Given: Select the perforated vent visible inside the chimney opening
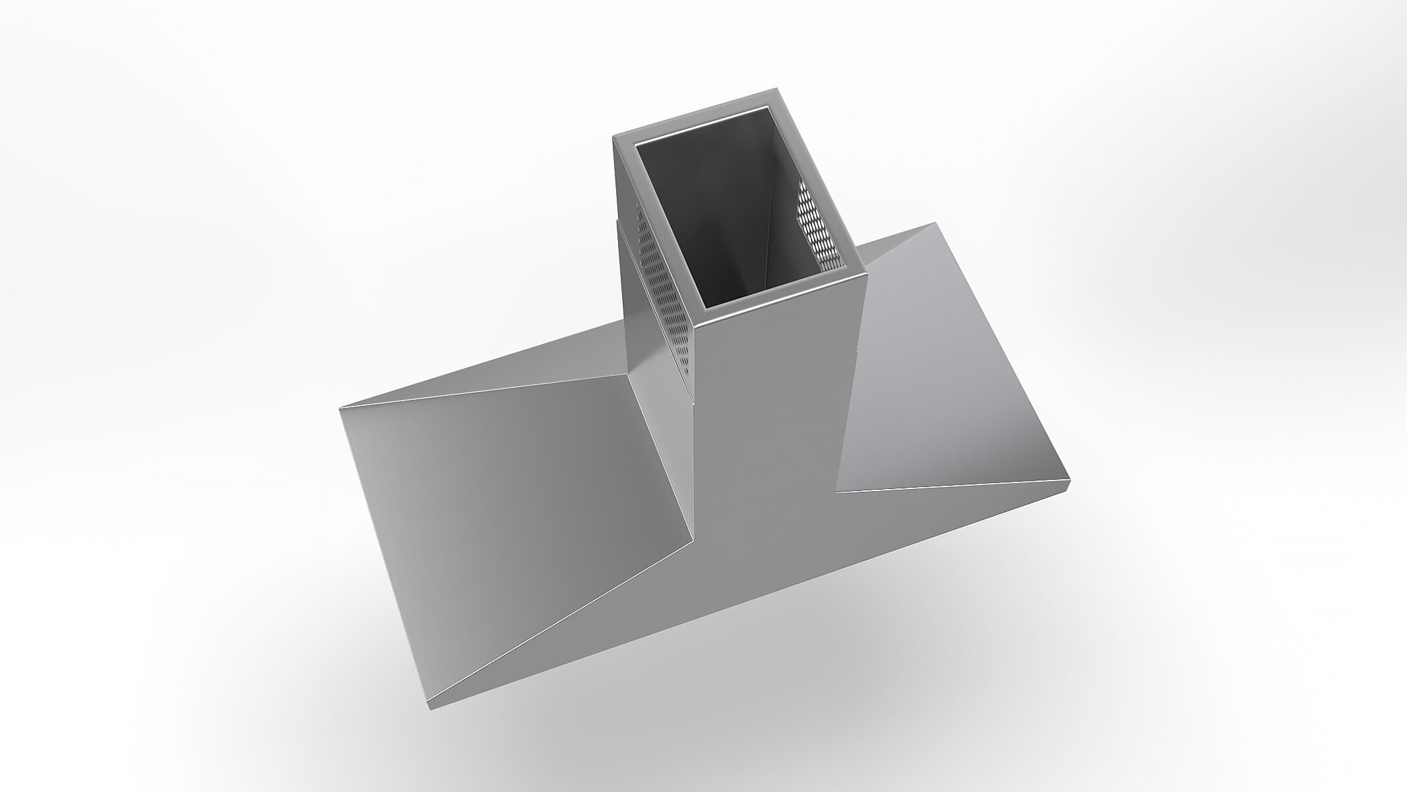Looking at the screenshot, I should pyautogui.click(x=818, y=224).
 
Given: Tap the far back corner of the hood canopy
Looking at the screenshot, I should pyautogui.click(x=934, y=224).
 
